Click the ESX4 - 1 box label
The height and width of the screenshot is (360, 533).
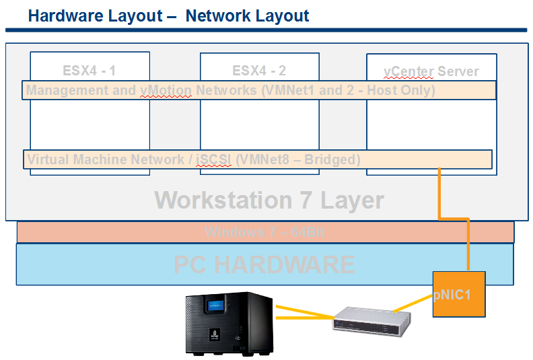[x=90, y=70]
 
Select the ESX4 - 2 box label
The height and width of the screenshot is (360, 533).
[x=259, y=70]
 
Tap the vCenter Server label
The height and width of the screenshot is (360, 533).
[x=431, y=71]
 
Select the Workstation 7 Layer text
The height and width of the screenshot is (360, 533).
[x=269, y=200]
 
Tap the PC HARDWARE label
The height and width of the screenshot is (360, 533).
[x=264, y=264]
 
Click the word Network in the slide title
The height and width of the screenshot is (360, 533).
[x=217, y=15]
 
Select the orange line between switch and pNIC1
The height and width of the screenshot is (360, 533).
[x=413, y=303]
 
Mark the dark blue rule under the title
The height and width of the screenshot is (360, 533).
[x=266, y=30]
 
